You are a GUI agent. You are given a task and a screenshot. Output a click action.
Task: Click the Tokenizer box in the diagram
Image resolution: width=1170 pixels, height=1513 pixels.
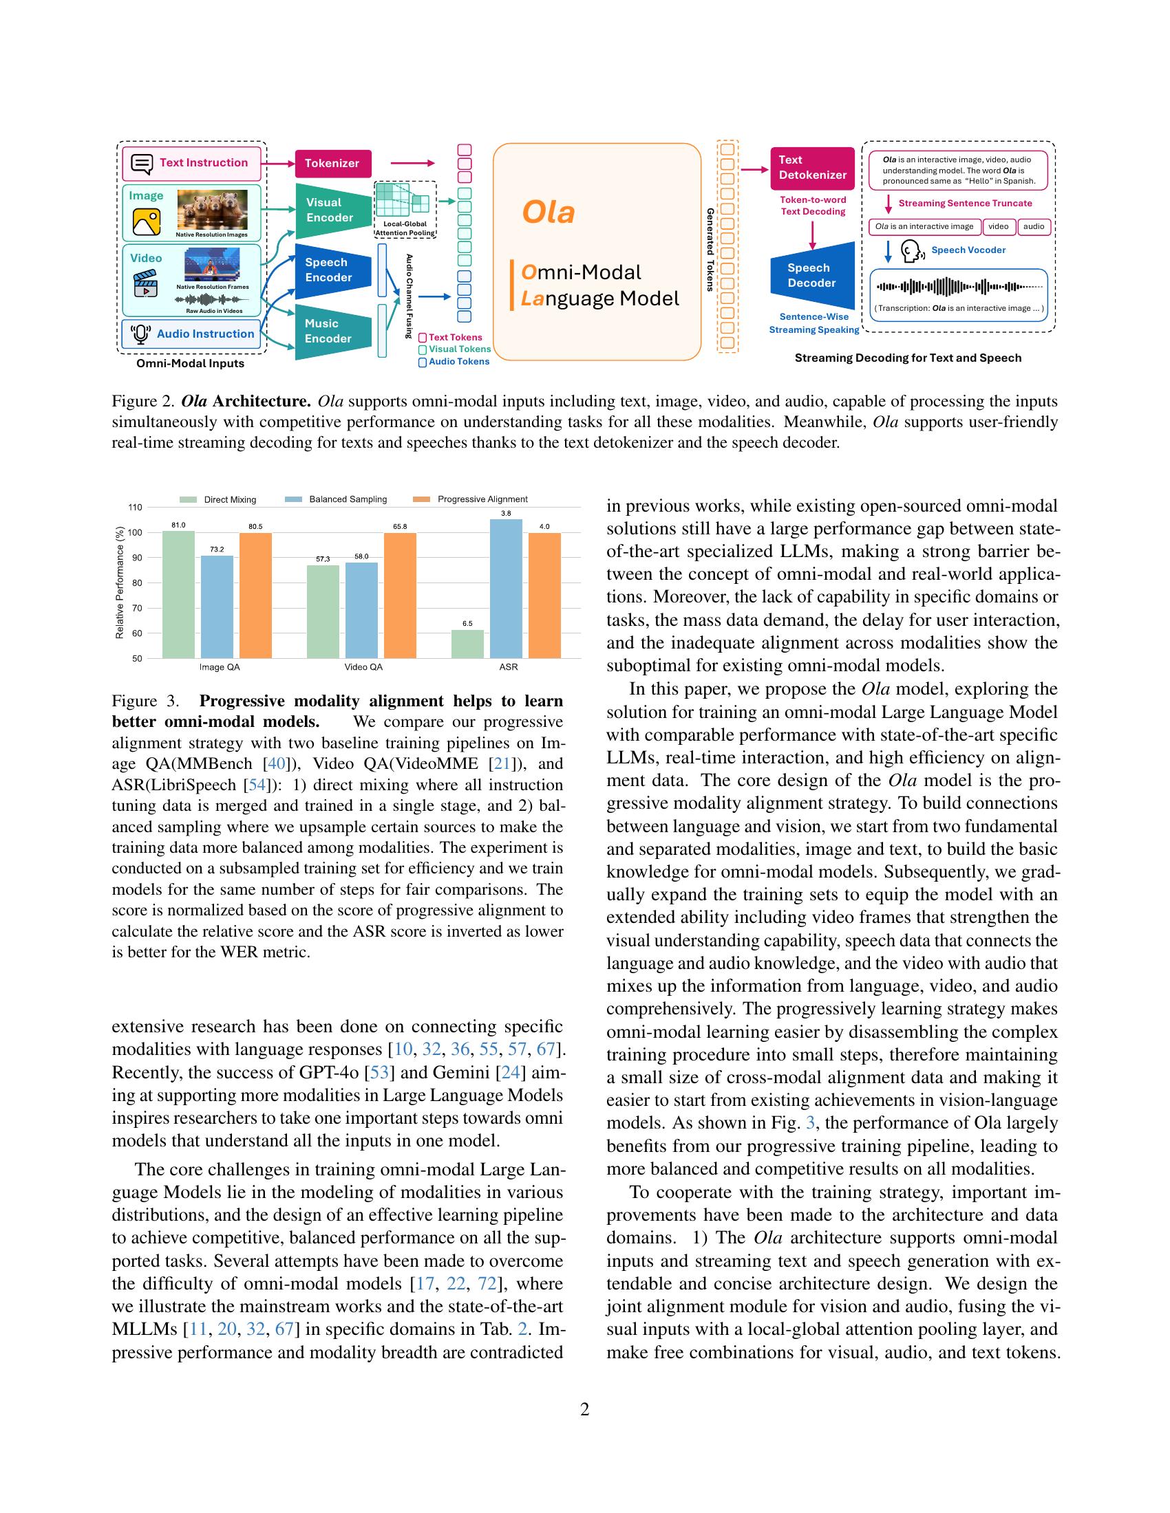332,164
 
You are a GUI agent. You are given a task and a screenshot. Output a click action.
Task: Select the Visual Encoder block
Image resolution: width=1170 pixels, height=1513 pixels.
330,210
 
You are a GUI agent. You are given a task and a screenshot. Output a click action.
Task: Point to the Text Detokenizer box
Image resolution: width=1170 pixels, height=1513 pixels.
811,168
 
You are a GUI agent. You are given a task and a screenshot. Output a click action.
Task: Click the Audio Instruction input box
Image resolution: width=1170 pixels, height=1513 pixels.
192,334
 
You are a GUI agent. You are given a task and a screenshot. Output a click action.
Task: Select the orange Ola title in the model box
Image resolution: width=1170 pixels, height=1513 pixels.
548,212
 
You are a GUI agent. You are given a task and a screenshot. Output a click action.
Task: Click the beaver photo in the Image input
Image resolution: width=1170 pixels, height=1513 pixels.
213,210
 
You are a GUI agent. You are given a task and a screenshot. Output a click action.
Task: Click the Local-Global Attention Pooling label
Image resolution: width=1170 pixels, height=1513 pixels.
405,228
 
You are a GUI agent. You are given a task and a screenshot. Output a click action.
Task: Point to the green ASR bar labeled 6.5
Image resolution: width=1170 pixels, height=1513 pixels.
467,644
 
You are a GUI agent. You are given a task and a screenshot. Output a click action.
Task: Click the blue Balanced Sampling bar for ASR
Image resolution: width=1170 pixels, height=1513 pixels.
506,589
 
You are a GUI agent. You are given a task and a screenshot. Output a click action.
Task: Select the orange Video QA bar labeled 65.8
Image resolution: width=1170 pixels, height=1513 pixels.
400,595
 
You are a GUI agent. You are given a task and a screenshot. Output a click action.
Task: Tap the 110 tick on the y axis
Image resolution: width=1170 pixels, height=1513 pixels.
134,508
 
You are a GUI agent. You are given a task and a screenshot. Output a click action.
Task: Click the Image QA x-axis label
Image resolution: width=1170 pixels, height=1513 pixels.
220,667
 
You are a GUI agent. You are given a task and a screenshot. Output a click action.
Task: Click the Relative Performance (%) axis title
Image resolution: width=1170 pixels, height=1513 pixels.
119,583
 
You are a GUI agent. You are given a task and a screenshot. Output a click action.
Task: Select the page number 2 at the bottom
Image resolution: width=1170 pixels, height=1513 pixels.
584,1410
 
